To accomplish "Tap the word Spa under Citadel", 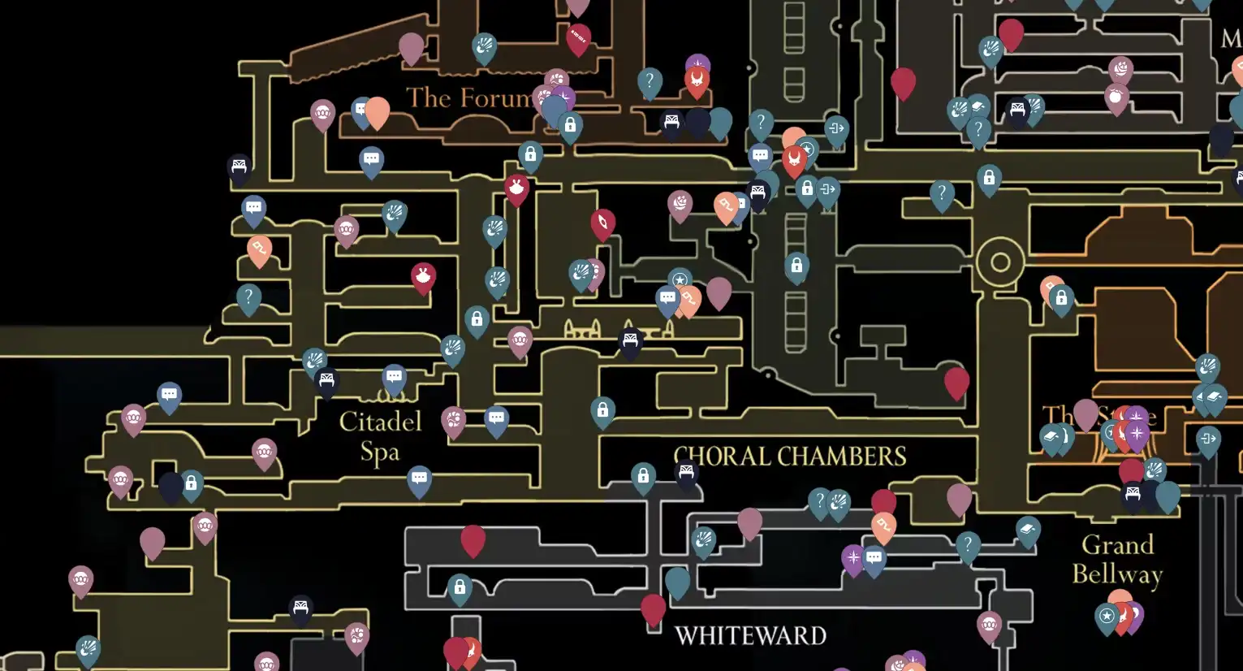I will pyautogui.click(x=380, y=452).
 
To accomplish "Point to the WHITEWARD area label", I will pyautogui.click(x=750, y=635).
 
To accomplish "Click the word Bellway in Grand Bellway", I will pyautogui.click(x=1117, y=574).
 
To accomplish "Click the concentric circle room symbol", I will pyautogui.click(x=1000, y=262).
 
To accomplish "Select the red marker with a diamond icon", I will pyautogui.click(x=602, y=223).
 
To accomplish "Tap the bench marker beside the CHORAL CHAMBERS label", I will pyautogui.click(x=687, y=473).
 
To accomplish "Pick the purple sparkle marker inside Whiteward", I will pyautogui.click(x=852, y=558).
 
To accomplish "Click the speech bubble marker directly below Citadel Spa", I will pyautogui.click(x=419, y=478).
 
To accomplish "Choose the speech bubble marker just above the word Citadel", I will pyautogui.click(x=395, y=378).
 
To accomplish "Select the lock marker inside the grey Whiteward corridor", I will pyautogui.click(x=460, y=587).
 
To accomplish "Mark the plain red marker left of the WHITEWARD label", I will pyautogui.click(x=653, y=608).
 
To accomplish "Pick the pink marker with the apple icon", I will pyautogui.click(x=1116, y=97).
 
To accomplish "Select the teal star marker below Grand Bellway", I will pyautogui.click(x=1107, y=617).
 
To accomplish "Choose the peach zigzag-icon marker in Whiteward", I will pyautogui.click(x=883, y=526).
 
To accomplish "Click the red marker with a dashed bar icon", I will pyautogui.click(x=578, y=37).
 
